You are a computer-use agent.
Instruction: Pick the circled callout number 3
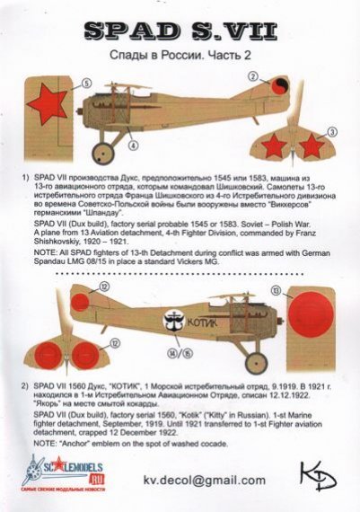click(x=331, y=132)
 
